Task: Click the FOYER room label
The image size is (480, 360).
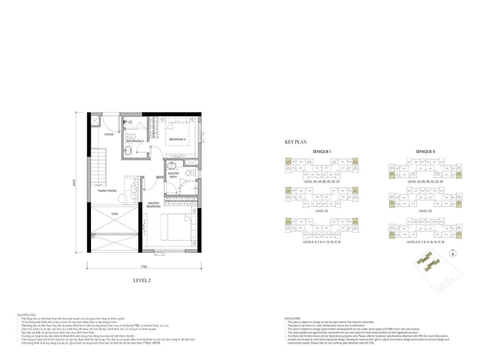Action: pyautogui.click(x=109, y=134)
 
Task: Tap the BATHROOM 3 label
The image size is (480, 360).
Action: pyautogui.click(x=134, y=141)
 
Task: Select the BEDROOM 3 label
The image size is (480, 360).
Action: pyautogui.click(x=177, y=139)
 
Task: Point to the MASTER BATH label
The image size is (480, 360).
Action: pyautogui.click(x=173, y=175)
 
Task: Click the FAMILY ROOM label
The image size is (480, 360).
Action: pyautogui.click(x=107, y=191)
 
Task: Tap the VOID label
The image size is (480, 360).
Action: pyautogui.click(x=115, y=214)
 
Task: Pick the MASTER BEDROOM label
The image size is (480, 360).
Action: pyautogui.click(x=153, y=205)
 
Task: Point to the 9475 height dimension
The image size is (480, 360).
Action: pyautogui.click(x=74, y=182)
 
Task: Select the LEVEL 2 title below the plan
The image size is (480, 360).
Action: pyautogui.click(x=142, y=280)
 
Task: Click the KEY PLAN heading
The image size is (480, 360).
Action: pyautogui.click(x=296, y=142)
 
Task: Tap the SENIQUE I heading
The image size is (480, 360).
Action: pyautogui.click(x=322, y=152)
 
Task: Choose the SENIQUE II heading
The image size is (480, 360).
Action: pyautogui.click(x=425, y=152)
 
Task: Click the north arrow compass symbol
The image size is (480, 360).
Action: pyautogui.click(x=453, y=254)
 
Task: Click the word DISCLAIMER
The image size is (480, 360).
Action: pyautogui.click(x=292, y=318)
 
